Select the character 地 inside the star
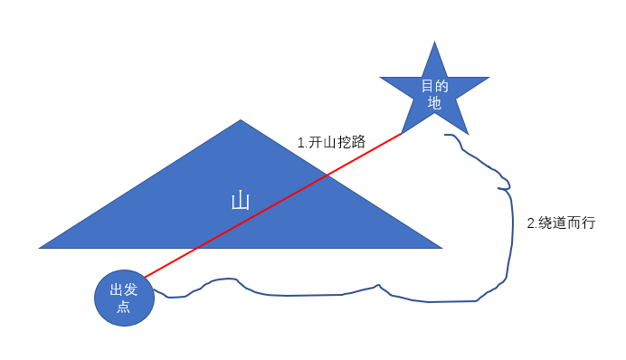coord(435,103)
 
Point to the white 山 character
coord(241,201)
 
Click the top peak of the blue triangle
coord(241,120)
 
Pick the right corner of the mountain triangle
coord(441,247)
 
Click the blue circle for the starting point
coord(125,298)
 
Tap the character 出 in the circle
coord(117,290)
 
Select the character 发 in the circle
coord(132,290)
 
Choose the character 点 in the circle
coord(125,308)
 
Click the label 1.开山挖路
coord(331,142)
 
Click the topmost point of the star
coord(435,43)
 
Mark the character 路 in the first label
coord(358,142)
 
